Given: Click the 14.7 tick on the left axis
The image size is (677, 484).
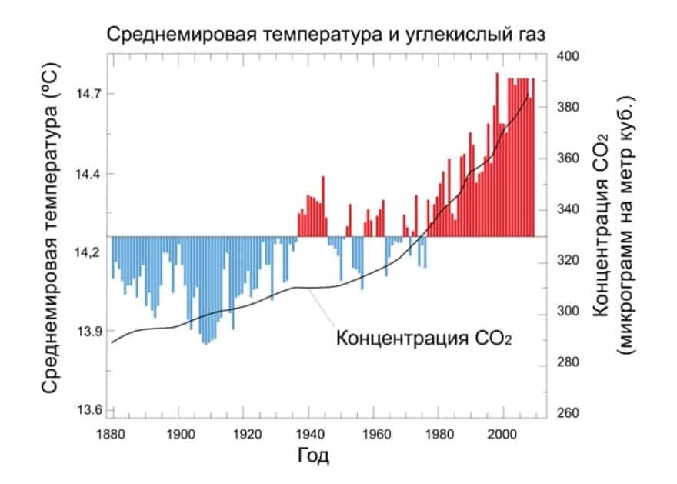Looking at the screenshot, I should pyautogui.click(x=86, y=94).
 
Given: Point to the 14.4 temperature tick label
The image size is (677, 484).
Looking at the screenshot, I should pyautogui.click(x=86, y=174).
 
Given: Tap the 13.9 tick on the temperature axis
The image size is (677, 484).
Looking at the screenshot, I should pyautogui.click(x=86, y=331).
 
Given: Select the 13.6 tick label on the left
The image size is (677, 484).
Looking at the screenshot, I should pyautogui.click(x=86, y=410).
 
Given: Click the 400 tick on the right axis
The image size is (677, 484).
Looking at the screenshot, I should pyautogui.click(x=567, y=57).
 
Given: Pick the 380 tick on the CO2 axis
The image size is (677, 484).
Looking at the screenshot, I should pyautogui.click(x=567, y=107).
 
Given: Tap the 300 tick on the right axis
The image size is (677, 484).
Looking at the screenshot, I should pyautogui.click(x=567, y=314).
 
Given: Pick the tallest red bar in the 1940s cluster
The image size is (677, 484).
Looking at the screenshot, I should pyautogui.click(x=323, y=205).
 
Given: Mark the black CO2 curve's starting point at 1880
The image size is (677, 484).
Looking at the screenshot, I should pyautogui.click(x=112, y=342).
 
